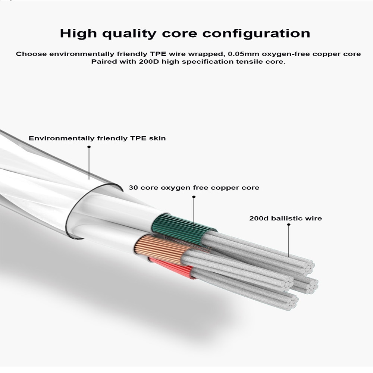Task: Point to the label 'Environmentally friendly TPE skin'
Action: (x=97, y=138)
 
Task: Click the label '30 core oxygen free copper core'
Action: (x=194, y=188)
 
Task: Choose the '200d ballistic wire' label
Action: (x=285, y=218)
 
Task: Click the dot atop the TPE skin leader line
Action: (x=89, y=147)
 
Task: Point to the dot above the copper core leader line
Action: (x=194, y=197)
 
